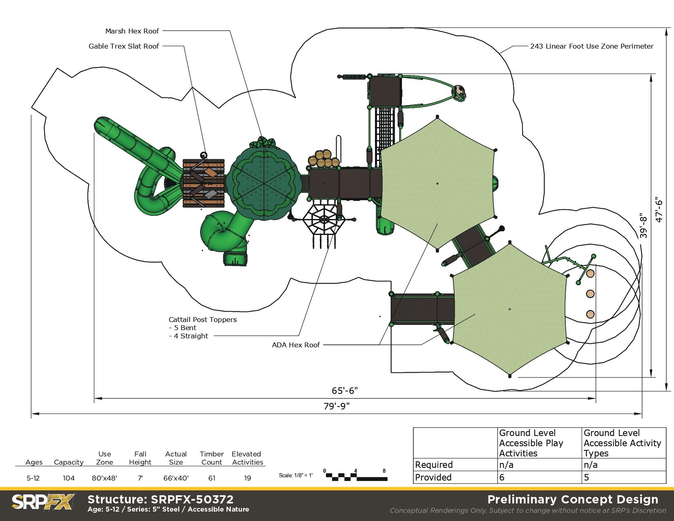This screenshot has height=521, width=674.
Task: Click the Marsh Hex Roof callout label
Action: [132, 31]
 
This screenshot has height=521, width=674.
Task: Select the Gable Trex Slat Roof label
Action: [123, 46]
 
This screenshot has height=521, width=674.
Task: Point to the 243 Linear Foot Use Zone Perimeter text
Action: [591, 46]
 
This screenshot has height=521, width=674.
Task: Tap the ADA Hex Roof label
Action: [296, 345]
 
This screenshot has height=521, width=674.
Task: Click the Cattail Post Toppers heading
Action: [203, 320]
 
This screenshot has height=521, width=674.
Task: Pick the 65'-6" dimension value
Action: [344, 391]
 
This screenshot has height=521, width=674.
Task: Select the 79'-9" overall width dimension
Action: [337, 406]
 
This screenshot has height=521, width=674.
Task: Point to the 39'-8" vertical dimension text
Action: [643, 225]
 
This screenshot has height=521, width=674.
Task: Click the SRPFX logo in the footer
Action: [42, 502]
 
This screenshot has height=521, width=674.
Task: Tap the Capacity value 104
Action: [69, 478]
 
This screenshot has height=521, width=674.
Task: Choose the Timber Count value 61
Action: [212, 478]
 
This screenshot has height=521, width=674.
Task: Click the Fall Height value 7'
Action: [140, 478]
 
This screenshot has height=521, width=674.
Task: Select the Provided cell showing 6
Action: [502, 477]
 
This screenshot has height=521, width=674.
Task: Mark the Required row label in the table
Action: [434, 465]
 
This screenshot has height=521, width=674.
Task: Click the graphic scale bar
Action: [355, 477]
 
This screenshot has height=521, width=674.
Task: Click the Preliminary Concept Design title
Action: [573, 499]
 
